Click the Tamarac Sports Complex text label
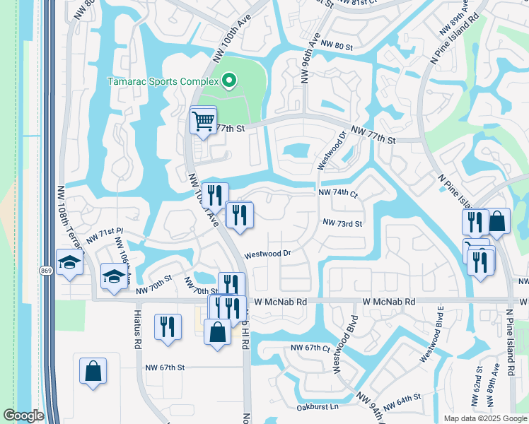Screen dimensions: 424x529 click(x=161, y=81)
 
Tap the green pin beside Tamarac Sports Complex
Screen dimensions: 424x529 click(x=228, y=81)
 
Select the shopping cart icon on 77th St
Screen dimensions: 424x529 click(x=203, y=122)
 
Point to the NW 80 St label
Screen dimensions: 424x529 click(x=336, y=46)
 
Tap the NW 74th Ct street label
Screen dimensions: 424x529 click(x=338, y=193)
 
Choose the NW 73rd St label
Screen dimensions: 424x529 click(x=342, y=223)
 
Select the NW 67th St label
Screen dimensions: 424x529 click(x=165, y=367)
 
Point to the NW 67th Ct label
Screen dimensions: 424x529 click(x=310, y=348)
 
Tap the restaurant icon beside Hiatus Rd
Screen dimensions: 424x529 click(x=168, y=326)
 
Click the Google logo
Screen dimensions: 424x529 click(x=23, y=416)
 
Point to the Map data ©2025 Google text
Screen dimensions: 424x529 click(x=484, y=418)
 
